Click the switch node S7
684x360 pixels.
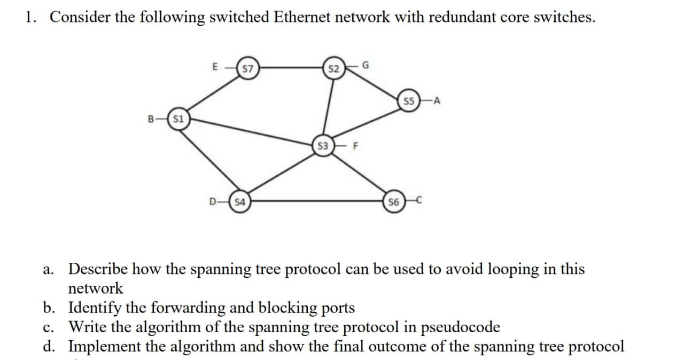click(247, 68)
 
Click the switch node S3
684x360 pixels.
click(323, 145)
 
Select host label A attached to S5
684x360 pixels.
click(438, 101)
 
